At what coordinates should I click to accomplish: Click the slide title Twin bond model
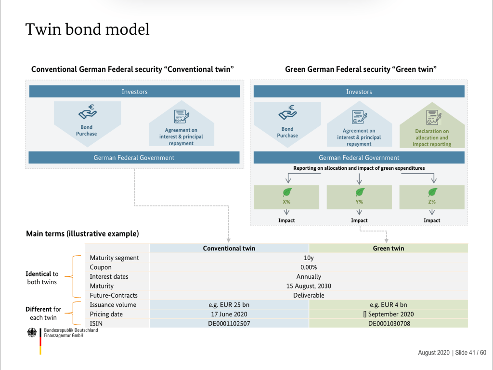(x=87, y=29)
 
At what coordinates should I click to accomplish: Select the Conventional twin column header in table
(x=229, y=248)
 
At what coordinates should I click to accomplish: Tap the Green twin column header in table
(x=388, y=248)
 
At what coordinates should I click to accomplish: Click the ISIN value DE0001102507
(x=229, y=323)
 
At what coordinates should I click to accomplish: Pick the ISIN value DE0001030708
(x=389, y=323)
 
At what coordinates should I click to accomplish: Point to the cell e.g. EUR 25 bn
(x=229, y=304)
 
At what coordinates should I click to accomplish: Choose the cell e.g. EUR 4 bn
(x=388, y=304)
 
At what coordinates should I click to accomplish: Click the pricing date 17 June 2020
(x=229, y=314)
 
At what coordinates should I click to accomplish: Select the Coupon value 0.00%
(x=309, y=267)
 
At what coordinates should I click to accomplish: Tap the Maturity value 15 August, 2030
(x=309, y=286)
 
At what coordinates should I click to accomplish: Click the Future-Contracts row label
(x=114, y=295)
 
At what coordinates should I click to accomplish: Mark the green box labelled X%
(x=286, y=197)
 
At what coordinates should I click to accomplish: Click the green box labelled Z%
(x=432, y=197)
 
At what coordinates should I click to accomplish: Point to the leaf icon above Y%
(x=359, y=192)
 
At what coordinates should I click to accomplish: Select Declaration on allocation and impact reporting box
(x=432, y=129)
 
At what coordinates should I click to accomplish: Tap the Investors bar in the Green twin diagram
(x=359, y=92)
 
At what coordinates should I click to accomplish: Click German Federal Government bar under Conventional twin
(x=134, y=158)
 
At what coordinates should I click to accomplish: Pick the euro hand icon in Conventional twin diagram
(x=87, y=113)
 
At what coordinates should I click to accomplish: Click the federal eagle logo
(x=32, y=333)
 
